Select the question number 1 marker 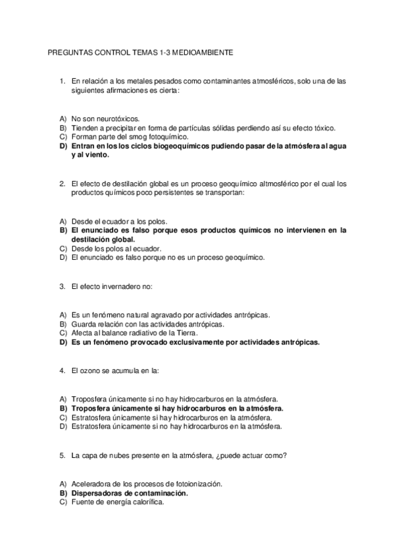[x=61, y=82]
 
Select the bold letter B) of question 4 [x=64, y=408]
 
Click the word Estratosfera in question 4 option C [x=91, y=417]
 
